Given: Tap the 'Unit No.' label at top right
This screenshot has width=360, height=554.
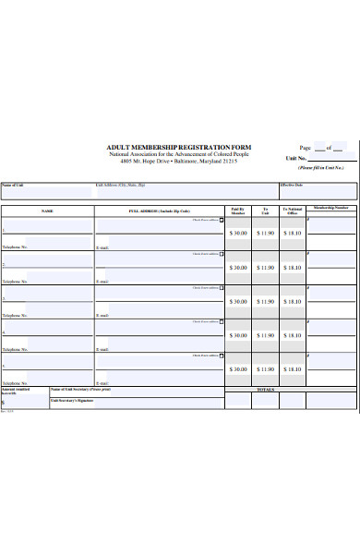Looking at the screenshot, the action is tap(295, 159).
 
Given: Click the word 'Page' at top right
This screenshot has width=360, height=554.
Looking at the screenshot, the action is tap(305, 148).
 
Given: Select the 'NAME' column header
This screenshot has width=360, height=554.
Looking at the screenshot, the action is tap(47, 211).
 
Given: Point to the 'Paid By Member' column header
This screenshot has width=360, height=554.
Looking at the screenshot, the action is tap(238, 211).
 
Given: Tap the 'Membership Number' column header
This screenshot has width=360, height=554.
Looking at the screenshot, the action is tap(330, 208).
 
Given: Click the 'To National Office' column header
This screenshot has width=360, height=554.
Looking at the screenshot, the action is tap(292, 211).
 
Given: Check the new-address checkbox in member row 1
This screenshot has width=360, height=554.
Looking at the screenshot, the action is tap(222, 220).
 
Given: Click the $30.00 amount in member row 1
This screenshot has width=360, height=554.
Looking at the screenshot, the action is tap(238, 234).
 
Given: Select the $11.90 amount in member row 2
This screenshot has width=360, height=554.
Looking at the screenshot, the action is tap(266, 268).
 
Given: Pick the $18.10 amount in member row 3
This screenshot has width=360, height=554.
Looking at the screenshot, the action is tap(292, 301).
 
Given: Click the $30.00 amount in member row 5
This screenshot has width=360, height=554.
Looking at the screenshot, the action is tap(238, 367).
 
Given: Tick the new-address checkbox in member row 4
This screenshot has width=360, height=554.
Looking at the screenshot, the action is tap(222, 321).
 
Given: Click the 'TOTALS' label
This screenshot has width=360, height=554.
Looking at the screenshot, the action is tap(266, 390).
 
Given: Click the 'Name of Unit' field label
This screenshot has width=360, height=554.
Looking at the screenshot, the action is tap(14, 185).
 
